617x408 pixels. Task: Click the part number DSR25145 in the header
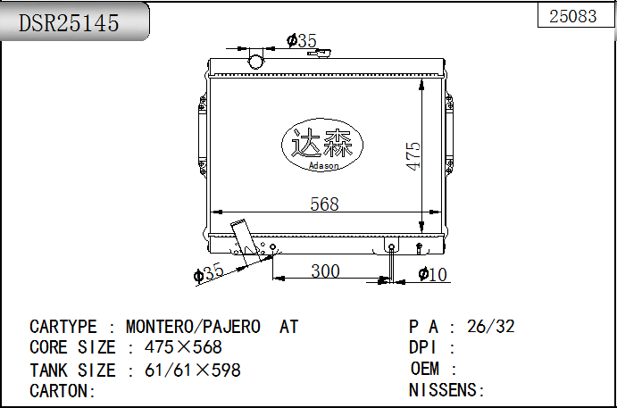69,23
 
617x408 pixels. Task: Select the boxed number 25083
573,16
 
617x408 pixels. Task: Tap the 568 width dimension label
324,204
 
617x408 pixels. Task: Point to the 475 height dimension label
413,156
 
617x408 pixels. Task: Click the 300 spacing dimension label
325,271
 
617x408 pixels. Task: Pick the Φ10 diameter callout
433,274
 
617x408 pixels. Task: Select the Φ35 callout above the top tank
302,40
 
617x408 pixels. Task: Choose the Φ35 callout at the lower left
209,272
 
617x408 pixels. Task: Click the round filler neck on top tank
255,62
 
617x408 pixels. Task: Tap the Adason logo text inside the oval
324,166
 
